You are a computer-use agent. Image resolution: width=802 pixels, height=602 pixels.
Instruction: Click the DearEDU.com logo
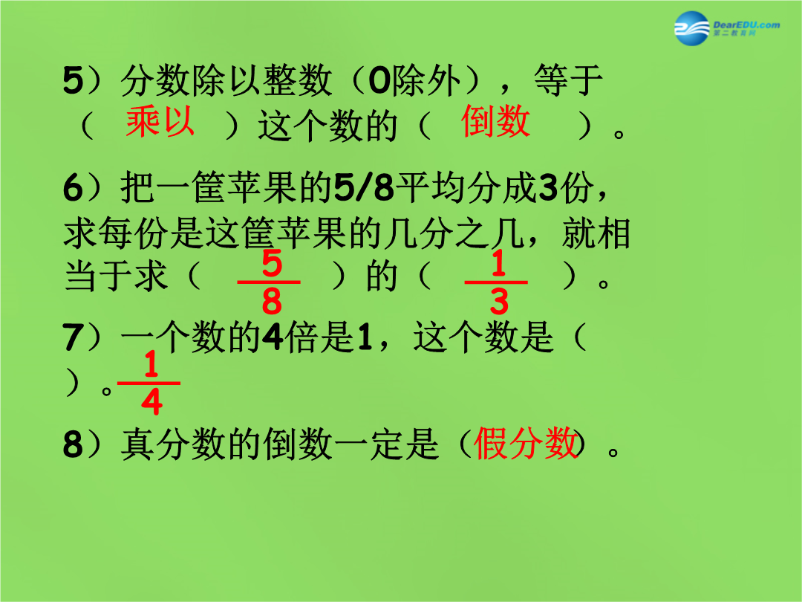727,27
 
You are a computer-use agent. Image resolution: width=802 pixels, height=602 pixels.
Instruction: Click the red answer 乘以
160,121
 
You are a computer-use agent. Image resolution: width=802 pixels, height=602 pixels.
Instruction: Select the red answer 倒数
495,121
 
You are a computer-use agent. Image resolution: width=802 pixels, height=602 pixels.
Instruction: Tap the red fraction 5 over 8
269,282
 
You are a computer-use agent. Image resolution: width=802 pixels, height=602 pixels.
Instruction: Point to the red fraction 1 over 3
496,282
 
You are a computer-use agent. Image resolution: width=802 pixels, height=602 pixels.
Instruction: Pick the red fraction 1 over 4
149,383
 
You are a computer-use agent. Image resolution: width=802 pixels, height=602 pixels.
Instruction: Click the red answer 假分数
526,443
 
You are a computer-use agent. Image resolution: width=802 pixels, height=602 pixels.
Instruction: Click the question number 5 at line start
73,80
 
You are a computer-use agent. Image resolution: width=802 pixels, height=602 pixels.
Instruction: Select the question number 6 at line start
73,187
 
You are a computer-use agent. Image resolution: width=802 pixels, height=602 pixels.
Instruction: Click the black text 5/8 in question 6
364,187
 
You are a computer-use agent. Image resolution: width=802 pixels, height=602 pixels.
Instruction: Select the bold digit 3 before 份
548,187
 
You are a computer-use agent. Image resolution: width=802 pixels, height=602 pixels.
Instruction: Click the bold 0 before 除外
379,81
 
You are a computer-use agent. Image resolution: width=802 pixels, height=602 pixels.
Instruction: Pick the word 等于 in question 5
568,80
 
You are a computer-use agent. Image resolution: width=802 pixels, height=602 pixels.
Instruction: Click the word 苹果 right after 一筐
263,187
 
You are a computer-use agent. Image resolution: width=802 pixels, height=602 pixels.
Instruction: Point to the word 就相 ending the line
596,233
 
